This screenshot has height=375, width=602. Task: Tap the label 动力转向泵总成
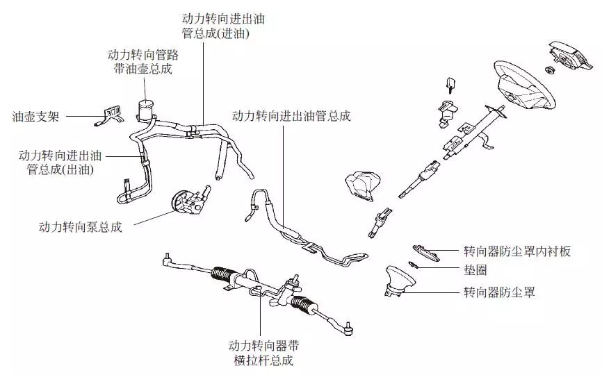coord(81,227)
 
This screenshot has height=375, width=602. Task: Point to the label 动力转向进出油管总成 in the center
coord(291,116)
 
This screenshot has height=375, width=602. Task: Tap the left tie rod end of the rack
coord(168,261)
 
